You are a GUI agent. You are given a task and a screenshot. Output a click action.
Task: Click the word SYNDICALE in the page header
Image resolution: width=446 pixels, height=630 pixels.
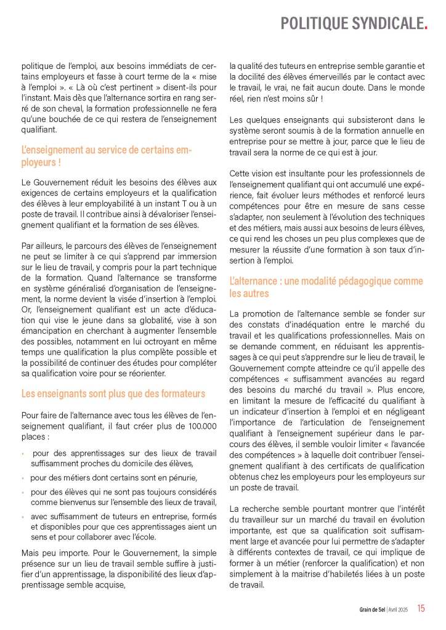click(x=387, y=23)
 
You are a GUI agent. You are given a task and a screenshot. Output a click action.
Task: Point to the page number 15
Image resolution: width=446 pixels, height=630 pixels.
click(x=421, y=608)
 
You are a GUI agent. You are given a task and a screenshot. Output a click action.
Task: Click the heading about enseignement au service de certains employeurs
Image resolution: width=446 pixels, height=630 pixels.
click(x=107, y=156)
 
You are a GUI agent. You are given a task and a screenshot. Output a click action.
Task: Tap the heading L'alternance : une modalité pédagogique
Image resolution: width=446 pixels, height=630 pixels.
click(x=326, y=288)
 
